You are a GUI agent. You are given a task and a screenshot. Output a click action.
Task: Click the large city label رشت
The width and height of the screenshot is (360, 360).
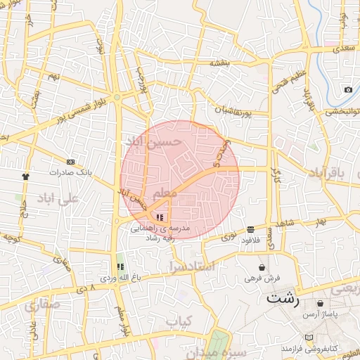(x=282, y=300)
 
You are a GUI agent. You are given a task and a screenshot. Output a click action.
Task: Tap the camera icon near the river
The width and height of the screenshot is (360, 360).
(x=348, y=90)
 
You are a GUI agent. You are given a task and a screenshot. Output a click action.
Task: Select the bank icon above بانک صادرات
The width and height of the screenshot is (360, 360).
(x=70, y=162)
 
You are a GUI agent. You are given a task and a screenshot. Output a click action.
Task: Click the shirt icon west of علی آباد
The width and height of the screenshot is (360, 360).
(x=27, y=176)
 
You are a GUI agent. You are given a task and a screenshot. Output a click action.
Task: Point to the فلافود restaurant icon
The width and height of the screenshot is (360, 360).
(x=251, y=230)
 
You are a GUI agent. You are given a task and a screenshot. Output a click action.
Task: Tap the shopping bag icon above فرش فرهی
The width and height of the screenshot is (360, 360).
(x=262, y=267)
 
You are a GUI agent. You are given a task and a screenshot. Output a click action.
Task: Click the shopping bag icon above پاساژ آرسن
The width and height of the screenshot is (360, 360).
(x=320, y=304)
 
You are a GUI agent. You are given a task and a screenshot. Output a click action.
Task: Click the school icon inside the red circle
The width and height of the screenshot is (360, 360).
(x=160, y=217)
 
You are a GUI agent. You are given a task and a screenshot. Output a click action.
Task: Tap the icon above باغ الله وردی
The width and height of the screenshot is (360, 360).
(x=120, y=267)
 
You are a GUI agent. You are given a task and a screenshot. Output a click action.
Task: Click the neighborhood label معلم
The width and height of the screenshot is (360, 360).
(x=165, y=193)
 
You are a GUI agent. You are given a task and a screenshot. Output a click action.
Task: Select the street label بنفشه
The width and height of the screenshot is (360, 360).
(x=219, y=63)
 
